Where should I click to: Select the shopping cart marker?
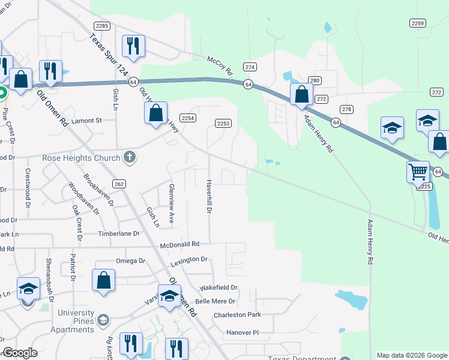pos(417,172)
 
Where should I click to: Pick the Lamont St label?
pos(86,121)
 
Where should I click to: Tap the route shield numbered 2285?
pos(102,25)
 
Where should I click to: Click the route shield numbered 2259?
pos(418,23)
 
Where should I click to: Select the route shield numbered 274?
pos(250,66)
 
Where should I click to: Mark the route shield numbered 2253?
pos(223,123)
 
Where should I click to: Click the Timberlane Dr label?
pos(120,233)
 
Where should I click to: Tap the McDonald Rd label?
pos(179,245)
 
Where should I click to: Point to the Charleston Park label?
pos(237,314)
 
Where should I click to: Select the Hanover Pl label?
pos(243,332)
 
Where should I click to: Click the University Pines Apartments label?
pos(76,321)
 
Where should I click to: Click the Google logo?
pos(20,353)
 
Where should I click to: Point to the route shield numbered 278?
pos(346,109)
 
